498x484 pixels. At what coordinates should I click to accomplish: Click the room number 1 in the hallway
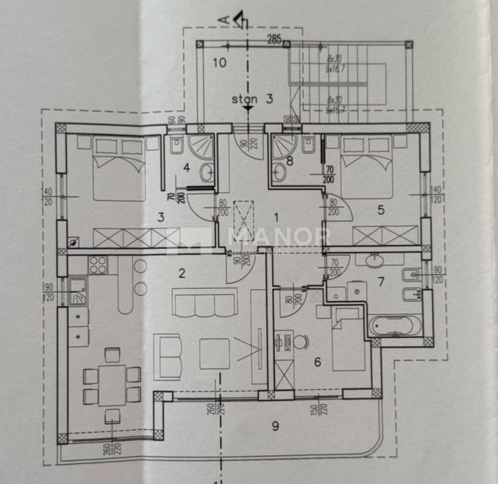point(276,217)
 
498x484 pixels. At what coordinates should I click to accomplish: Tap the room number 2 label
point(182,274)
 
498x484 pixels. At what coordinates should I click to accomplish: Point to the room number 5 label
point(381,208)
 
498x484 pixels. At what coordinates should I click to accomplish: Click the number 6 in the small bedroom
point(317,362)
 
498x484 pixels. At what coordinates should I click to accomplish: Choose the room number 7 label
point(382,281)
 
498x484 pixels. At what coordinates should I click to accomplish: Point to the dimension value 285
point(276,39)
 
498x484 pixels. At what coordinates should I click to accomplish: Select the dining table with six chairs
point(112,385)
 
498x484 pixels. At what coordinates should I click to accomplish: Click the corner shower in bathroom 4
point(205,147)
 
